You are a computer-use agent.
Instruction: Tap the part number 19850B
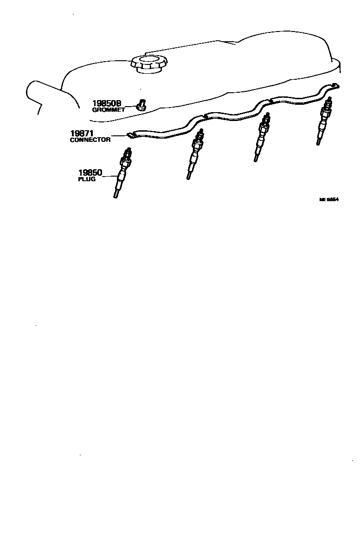coord(106,103)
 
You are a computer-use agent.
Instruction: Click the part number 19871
coord(82,133)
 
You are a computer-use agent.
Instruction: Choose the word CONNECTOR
coord(90,140)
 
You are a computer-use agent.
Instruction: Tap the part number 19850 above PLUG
coord(90,173)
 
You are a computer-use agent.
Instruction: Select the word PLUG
coord(87,179)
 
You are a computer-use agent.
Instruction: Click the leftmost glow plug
coord(122,174)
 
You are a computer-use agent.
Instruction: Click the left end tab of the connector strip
coord(132,135)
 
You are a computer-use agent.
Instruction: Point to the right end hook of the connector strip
coord(336,85)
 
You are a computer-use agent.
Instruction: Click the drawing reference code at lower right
coord(329,200)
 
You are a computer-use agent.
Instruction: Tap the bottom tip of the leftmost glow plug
coord(115,197)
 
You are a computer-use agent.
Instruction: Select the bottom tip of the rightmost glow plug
coord(318,145)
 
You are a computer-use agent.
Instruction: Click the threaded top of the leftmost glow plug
coord(128,153)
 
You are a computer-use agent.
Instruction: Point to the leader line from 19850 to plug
coord(110,176)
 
